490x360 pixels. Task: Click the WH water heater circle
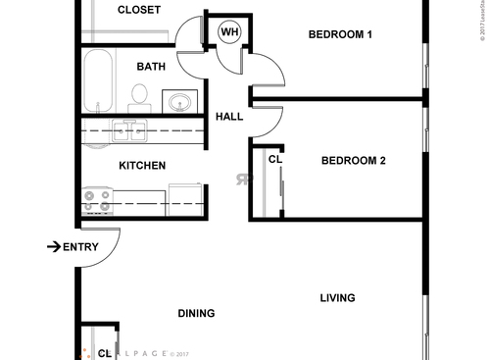pos(229,32)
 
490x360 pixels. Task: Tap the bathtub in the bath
pos(99,82)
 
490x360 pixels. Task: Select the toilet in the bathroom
pos(139,96)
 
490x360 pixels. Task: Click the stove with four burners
pos(98,201)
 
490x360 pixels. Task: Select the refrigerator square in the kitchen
pos(184,198)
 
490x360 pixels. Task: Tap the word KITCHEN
pos(141,166)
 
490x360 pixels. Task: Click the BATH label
pos(150,67)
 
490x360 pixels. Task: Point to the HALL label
pos(228,117)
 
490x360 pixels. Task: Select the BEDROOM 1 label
pos(340,34)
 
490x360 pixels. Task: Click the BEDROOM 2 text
pos(353,161)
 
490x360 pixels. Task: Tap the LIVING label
pos(336,298)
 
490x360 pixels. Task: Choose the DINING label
pos(196,314)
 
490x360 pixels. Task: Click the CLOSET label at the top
pos(139,10)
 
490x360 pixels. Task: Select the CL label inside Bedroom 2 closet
pos(274,158)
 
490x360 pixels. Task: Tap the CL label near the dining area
pos(104,352)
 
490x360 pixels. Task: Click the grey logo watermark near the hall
pos(242,180)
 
